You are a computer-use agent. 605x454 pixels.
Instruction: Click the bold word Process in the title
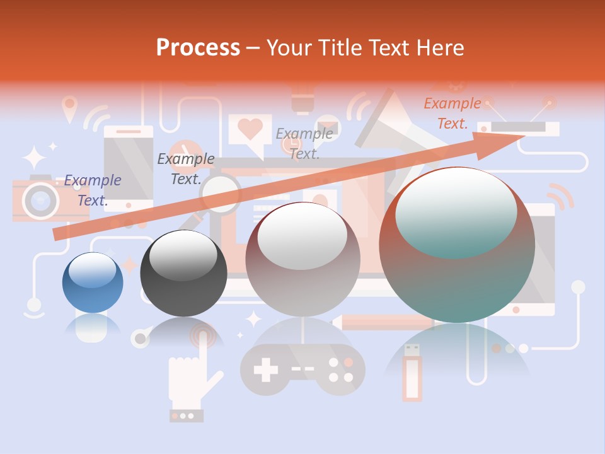[x=198, y=47]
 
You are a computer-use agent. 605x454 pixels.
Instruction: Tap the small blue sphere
[x=93, y=282]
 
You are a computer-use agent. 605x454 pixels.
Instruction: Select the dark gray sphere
[x=183, y=273]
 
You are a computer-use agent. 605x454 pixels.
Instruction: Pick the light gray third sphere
[x=302, y=260]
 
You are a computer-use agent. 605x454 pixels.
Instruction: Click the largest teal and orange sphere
[x=457, y=245]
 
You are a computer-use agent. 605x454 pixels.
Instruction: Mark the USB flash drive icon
[x=413, y=372]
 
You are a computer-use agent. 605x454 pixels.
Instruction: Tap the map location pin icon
[x=69, y=107]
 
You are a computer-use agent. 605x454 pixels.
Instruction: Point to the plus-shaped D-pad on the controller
[x=265, y=370]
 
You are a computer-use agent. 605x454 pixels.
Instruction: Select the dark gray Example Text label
[x=185, y=169]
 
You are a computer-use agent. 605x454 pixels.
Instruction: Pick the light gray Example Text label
[x=304, y=143]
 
